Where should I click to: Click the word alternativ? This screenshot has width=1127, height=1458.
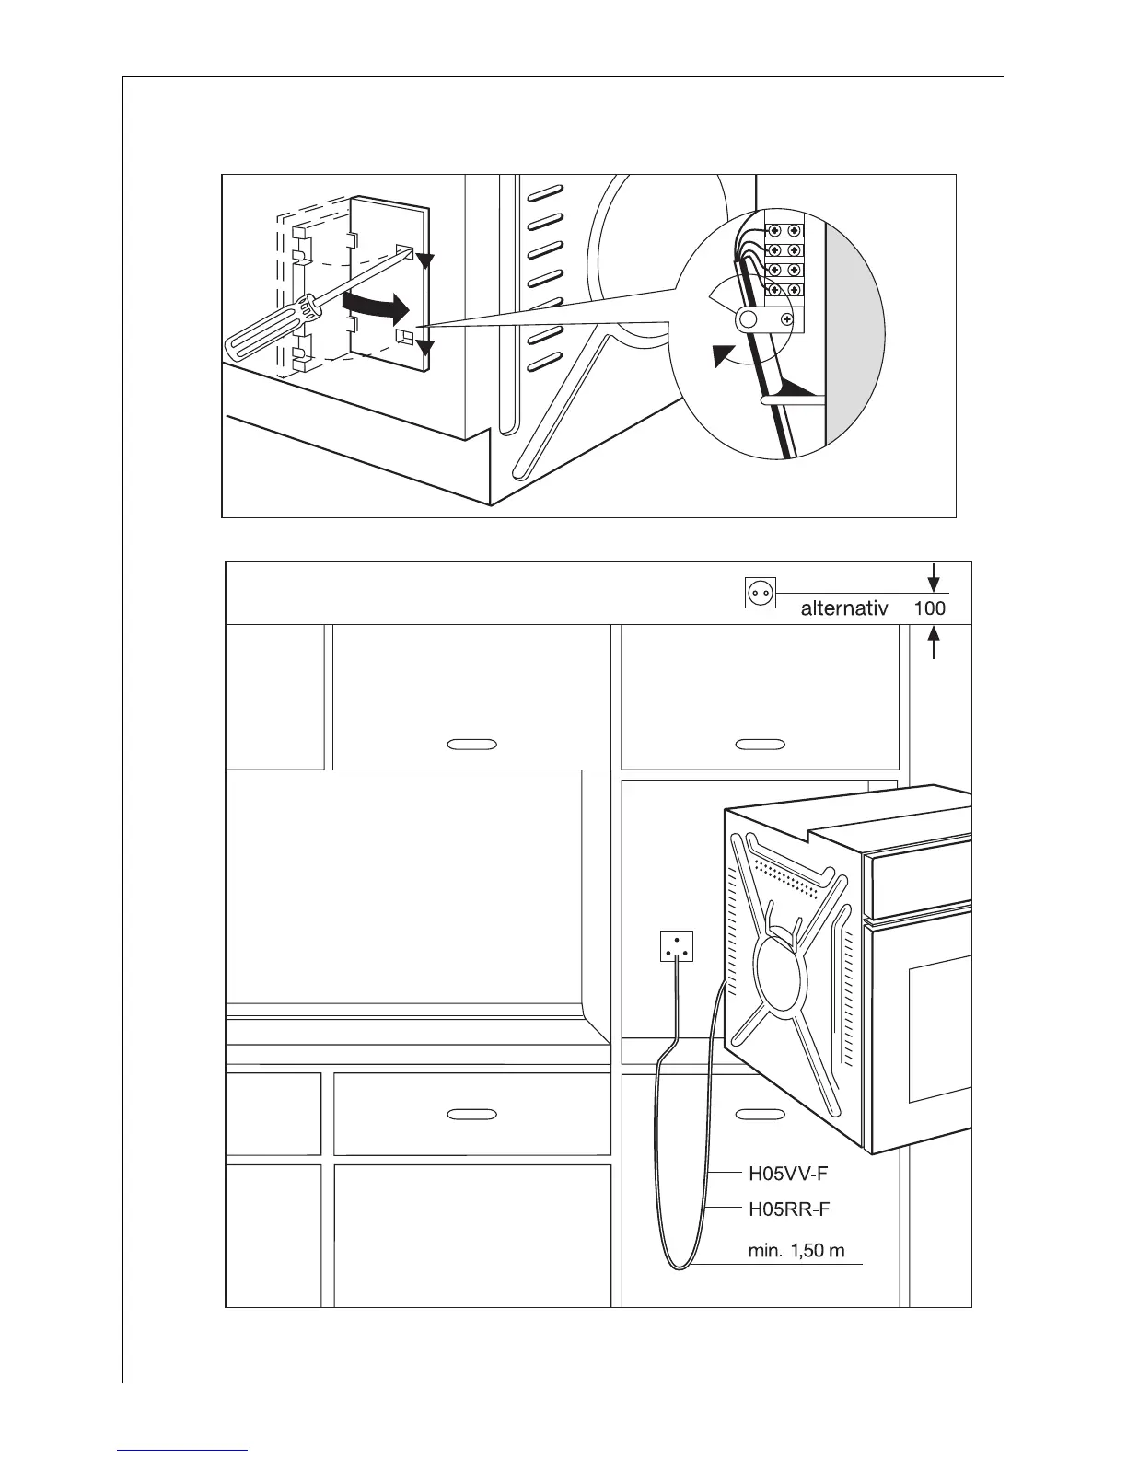click(843, 608)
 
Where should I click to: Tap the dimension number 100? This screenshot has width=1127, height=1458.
click(929, 608)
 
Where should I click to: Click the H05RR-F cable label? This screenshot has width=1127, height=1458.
click(789, 1209)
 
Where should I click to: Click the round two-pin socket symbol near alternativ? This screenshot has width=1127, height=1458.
click(761, 594)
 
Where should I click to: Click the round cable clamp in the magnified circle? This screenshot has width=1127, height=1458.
click(748, 319)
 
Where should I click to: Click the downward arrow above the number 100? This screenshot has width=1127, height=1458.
click(935, 579)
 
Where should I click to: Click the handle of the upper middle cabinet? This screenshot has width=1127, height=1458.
click(471, 743)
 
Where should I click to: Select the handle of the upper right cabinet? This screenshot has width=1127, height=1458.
click(760, 743)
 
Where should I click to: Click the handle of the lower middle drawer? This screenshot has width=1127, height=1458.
click(471, 1114)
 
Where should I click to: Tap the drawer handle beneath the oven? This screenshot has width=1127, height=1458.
click(761, 1114)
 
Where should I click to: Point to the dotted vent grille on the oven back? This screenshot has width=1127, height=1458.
click(787, 880)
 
